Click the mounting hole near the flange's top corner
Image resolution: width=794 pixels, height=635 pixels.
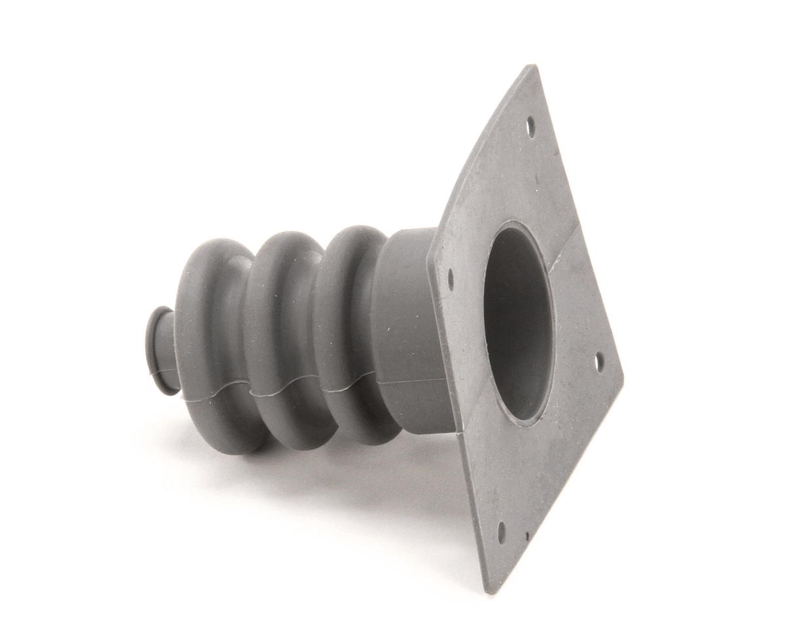530,126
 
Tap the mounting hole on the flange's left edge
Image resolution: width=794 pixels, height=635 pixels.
451,279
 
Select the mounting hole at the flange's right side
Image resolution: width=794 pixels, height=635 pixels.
599,362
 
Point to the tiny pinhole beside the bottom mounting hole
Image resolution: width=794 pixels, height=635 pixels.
527,536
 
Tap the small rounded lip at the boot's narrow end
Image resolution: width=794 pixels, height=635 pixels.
157,350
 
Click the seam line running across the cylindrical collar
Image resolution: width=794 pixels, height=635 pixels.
412,381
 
